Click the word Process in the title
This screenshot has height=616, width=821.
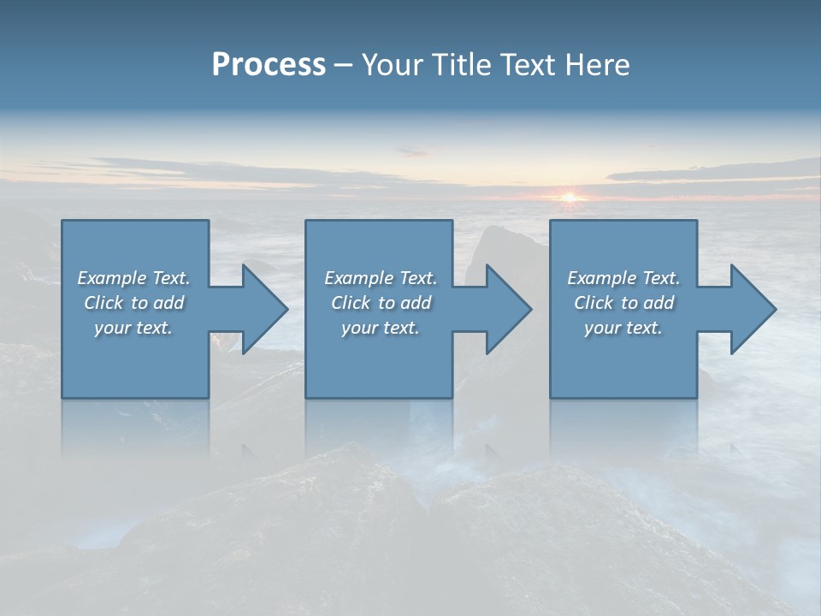click(269, 65)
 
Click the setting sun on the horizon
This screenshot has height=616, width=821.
click(570, 198)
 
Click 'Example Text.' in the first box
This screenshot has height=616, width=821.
click(133, 278)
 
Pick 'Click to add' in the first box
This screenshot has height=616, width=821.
click(133, 303)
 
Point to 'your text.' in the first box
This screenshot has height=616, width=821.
click(133, 328)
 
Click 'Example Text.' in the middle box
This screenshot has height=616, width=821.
click(380, 278)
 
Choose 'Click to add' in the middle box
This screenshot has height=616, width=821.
click(380, 303)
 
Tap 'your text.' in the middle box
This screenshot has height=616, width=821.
click(380, 328)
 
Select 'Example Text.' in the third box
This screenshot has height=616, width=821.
click(623, 278)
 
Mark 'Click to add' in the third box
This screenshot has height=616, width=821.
click(623, 303)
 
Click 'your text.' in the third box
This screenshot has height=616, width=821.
click(623, 328)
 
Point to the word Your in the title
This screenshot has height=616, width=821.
click(391, 65)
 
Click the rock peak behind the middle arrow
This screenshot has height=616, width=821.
click(496, 240)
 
